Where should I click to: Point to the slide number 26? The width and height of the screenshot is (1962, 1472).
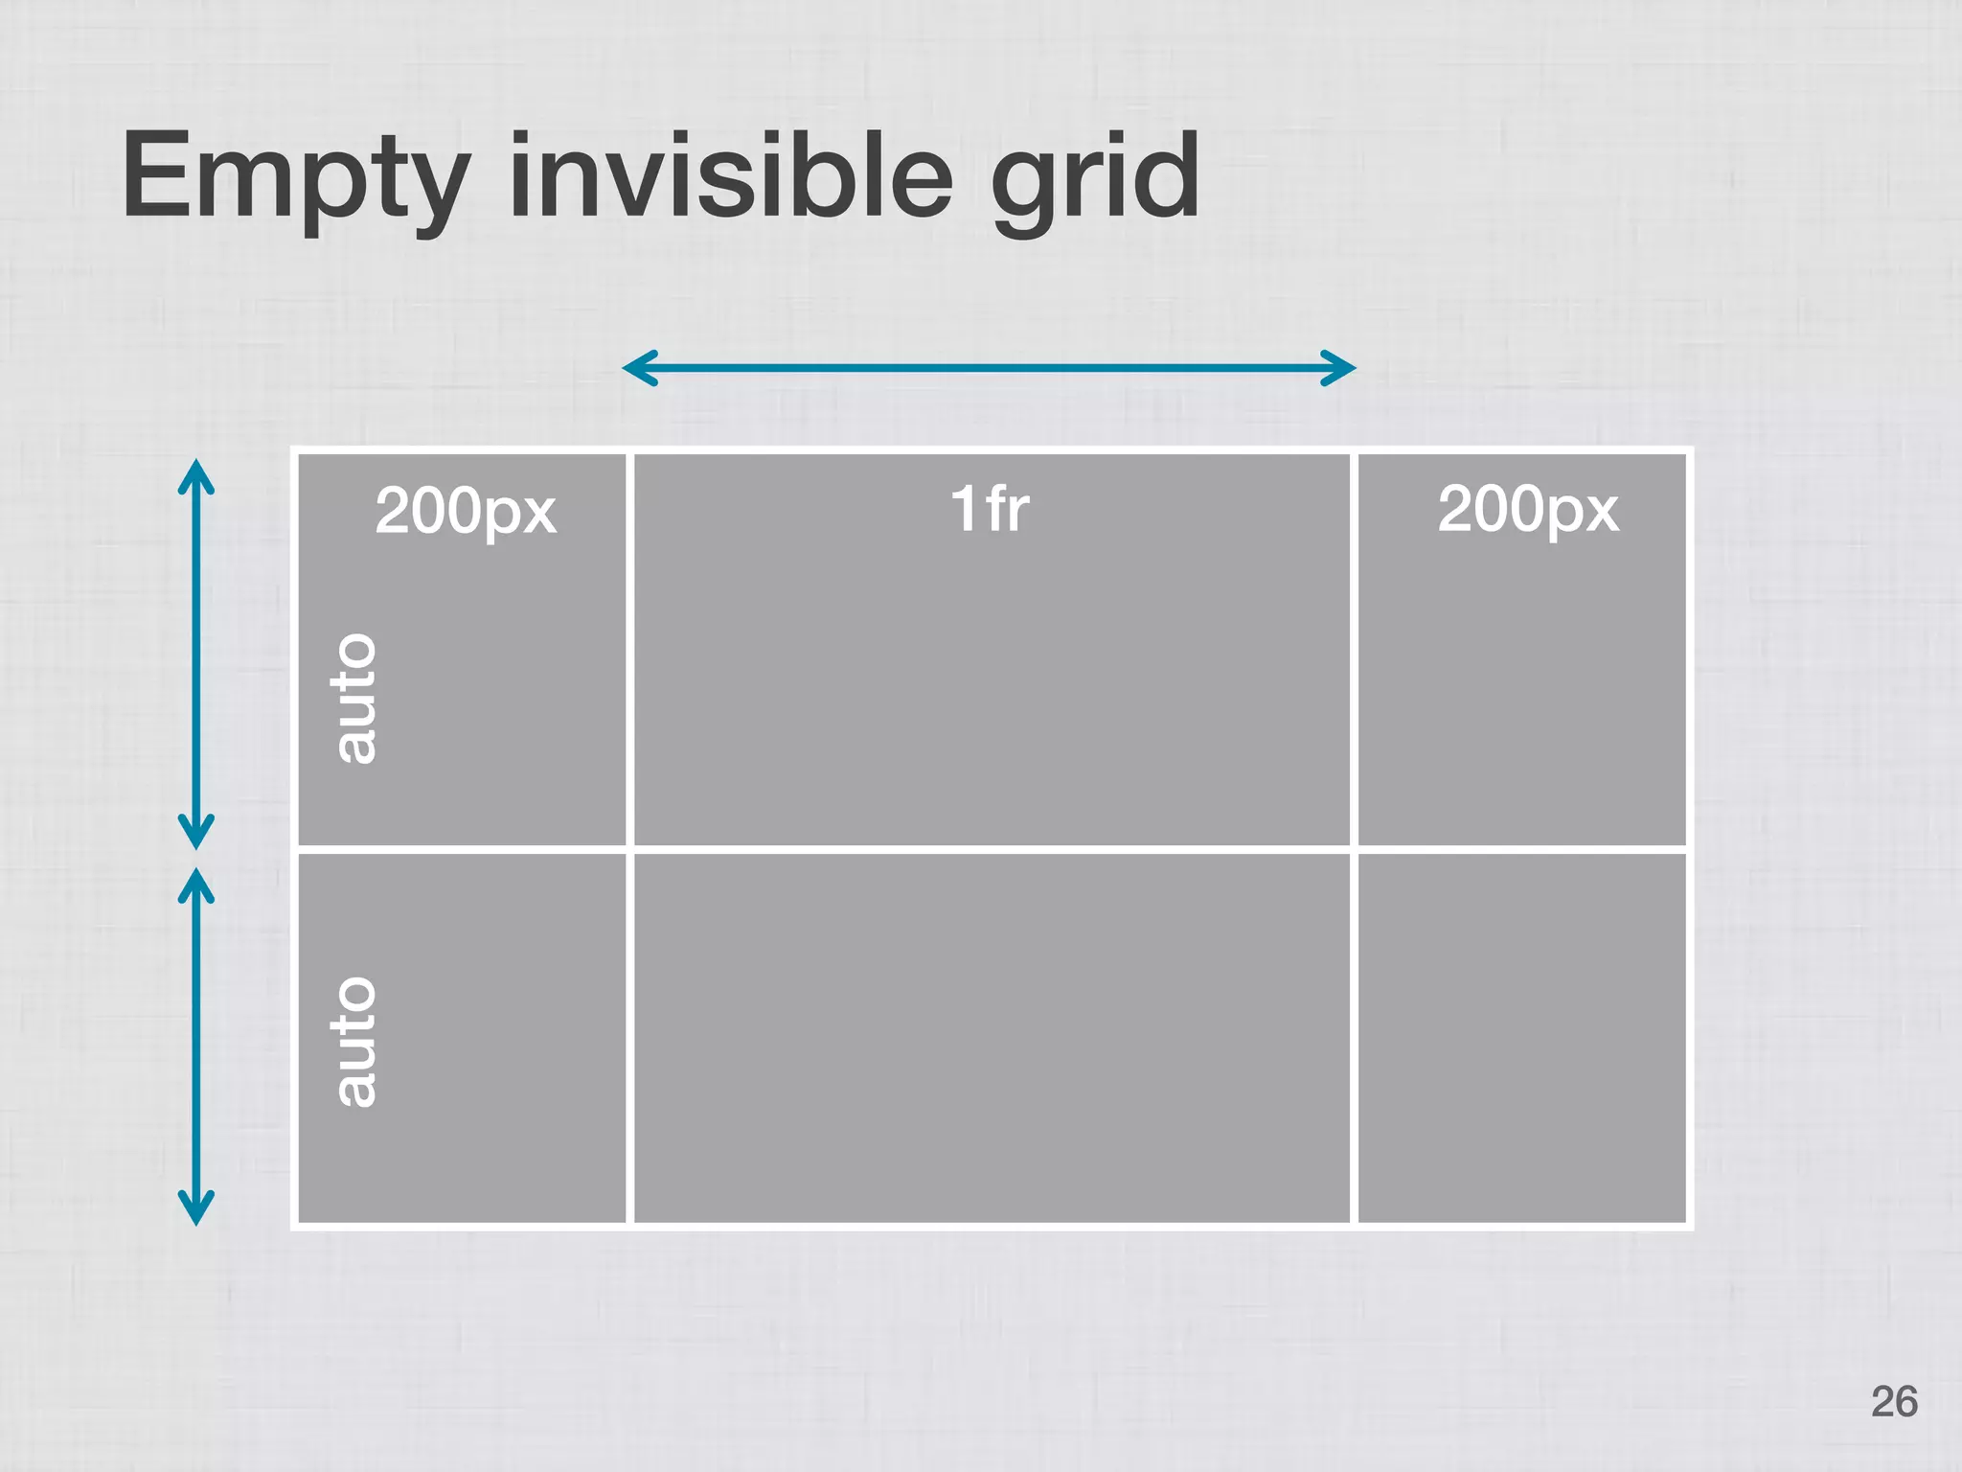click(1893, 1401)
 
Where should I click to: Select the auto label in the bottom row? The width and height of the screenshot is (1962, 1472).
click(354, 1042)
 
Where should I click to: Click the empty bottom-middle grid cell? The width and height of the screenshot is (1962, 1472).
click(992, 1038)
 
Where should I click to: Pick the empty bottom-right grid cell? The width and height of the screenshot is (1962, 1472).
click(1521, 1038)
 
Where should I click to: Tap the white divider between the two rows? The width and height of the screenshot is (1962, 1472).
click(992, 849)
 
